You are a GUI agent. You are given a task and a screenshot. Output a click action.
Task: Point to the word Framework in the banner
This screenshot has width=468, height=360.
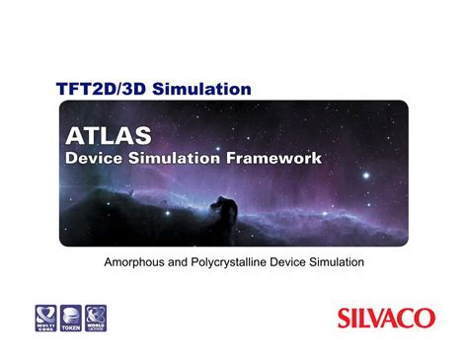coord(276,157)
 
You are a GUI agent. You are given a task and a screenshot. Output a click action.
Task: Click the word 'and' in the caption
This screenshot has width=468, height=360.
coord(182,262)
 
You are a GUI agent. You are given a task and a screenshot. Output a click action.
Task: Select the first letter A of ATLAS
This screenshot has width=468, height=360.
coord(74,133)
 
